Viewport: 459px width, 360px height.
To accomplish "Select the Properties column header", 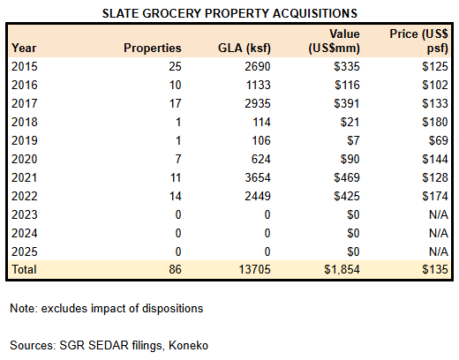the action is tap(153, 49).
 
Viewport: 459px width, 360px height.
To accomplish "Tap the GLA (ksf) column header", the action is tap(245, 49).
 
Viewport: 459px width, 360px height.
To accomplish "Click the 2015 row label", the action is tap(25, 66).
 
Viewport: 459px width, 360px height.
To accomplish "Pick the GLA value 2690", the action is tap(258, 66).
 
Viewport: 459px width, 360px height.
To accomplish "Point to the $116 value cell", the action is tap(347, 85).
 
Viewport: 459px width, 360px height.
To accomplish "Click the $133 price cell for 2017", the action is tap(435, 103).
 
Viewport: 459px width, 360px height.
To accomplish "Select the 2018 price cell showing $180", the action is tap(435, 122).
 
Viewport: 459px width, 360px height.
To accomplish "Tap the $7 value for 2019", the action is tap(353, 140).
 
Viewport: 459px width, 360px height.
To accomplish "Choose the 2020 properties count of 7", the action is tap(178, 159).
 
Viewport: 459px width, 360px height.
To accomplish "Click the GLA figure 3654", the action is tap(258, 177).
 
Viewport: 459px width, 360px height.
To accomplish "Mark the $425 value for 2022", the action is tap(347, 196).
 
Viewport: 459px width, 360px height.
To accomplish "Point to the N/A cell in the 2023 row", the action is tap(439, 214).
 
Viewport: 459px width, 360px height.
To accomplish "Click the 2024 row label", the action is tap(25, 233).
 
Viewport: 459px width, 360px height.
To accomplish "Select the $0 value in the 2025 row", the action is tap(353, 251).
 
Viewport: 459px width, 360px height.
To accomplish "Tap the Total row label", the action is tap(24, 269).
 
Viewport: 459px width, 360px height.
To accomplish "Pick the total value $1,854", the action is tap(342, 269).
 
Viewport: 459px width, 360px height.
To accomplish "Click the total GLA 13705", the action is tap(254, 269).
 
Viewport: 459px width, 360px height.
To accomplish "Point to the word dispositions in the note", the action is tap(172, 309).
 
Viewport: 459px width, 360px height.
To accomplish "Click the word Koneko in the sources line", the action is tap(188, 345).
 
